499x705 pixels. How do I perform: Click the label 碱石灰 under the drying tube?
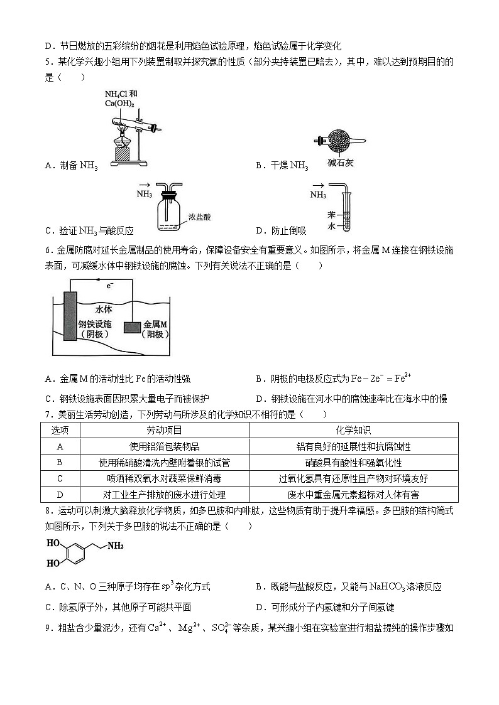tap(341, 163)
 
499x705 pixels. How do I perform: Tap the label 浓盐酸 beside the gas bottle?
tap(199, 217)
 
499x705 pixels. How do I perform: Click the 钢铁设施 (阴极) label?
tap(95, 330)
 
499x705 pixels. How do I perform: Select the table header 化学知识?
tap(353, 430)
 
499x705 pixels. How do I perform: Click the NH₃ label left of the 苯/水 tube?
tap(319, 195)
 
